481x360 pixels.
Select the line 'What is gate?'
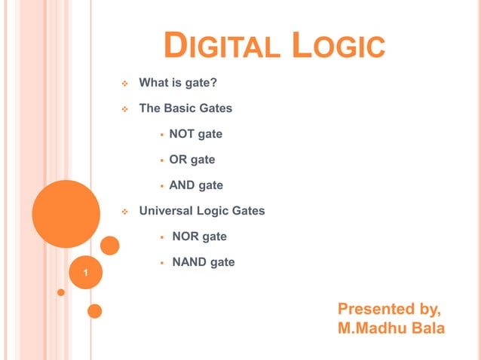pyautogui.click(x=178, y=83)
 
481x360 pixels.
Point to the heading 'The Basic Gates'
pyautogui.click(x=185, y=108)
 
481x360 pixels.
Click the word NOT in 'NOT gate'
pyautogui.click(x=182, y=134)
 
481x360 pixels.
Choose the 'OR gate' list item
pyautogui.click(x=191, y=160)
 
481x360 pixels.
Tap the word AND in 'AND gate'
pyautogui.click(x=182, y=185)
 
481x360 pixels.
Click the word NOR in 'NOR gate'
pyautogui.click(x=185, y=236)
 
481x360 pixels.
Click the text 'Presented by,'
pyautogui.click(x=389, y=309)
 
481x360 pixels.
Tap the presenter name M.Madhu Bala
pyautogui.click(x=391, y=328)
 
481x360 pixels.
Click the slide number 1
pyautogui.click(x=86, y=272)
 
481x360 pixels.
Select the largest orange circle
pyautogui.click(x=66, y=213)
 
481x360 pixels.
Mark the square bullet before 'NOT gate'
pyautogui.click(x=161, y=135)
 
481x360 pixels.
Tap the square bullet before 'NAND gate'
pyautogui.click(x=161, y=263)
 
